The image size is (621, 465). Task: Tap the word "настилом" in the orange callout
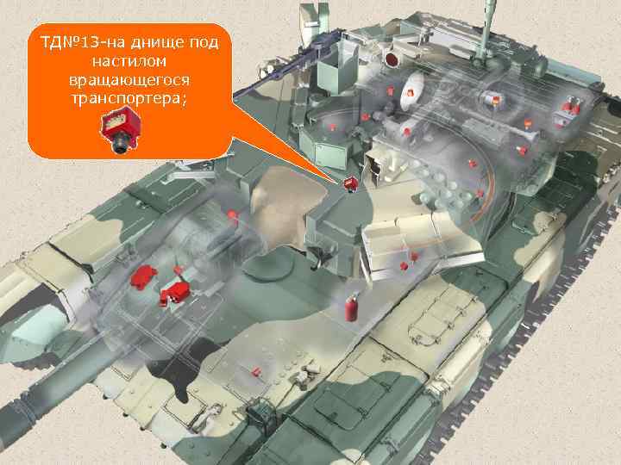coord(129,61)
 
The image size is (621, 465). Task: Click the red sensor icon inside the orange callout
coord(120,132)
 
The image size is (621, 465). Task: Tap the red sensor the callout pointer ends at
coord(351,183)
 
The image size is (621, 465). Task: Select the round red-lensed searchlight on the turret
coord(393,59)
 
